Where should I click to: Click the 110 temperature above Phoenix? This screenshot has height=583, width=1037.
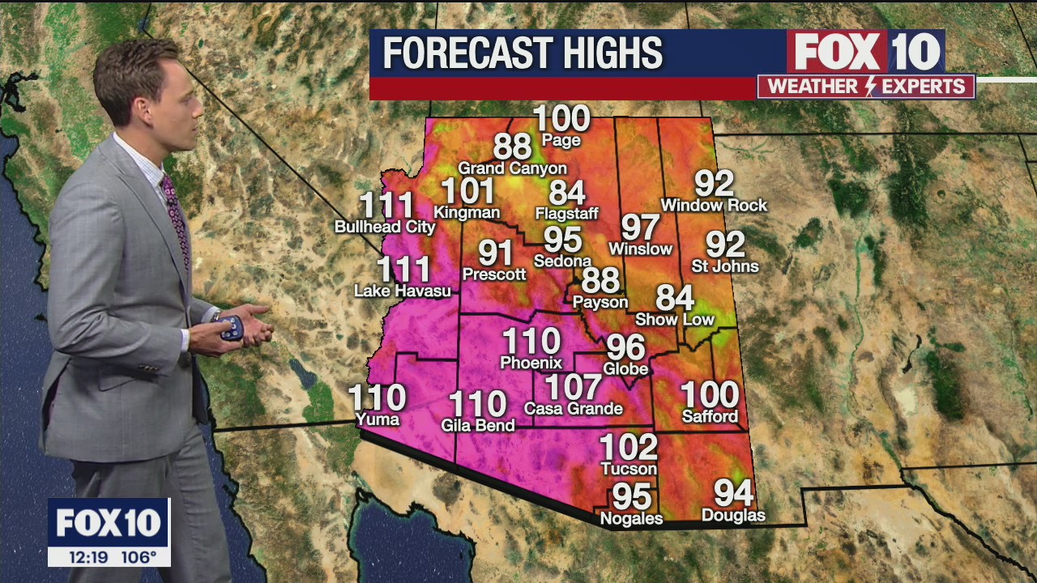click(x=531, y=341)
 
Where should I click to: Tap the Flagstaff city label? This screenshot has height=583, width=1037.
click(x=567, y=214)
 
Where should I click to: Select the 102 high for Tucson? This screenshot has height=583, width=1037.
click(x=628, y=447)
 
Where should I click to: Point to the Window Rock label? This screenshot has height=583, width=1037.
click(x=714, y=206)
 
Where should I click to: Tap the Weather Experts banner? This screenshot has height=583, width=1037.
click(x=866, y=87)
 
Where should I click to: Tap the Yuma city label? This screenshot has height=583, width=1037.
click(x=378, y=419)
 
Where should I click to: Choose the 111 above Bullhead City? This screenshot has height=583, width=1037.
click(x=386, y=206)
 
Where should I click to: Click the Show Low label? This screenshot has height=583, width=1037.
click(x=675, y=319)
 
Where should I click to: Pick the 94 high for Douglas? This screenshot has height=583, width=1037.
click(x=733, y=492)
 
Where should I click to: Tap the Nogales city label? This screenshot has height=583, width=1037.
click(x=631, y=518)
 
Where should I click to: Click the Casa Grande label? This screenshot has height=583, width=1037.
click(x=574, y=409)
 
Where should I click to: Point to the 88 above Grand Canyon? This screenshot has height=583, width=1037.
click(x=512, y=147)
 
